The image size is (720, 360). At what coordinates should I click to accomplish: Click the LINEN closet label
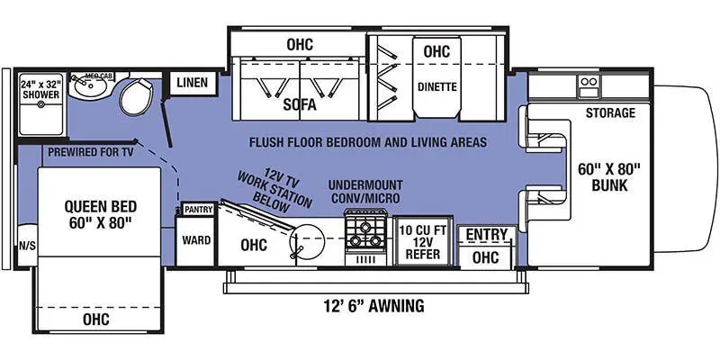click(x=192, y=84)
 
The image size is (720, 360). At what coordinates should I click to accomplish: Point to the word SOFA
click(x=299, y=104)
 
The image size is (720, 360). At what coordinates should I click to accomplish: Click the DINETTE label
click(x=436, y=88)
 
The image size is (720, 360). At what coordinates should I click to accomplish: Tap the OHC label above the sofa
click(x=300, y=43)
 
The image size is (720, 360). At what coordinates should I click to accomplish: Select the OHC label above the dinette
click(x=436, y=51)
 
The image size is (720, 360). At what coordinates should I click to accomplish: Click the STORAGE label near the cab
click(x=610, y=113)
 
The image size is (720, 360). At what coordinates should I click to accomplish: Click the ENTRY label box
click(x=485, y=235)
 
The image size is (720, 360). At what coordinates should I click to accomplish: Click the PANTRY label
click(x=197, y=210)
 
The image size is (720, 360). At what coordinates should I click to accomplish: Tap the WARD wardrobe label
click(x=196, y=241)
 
